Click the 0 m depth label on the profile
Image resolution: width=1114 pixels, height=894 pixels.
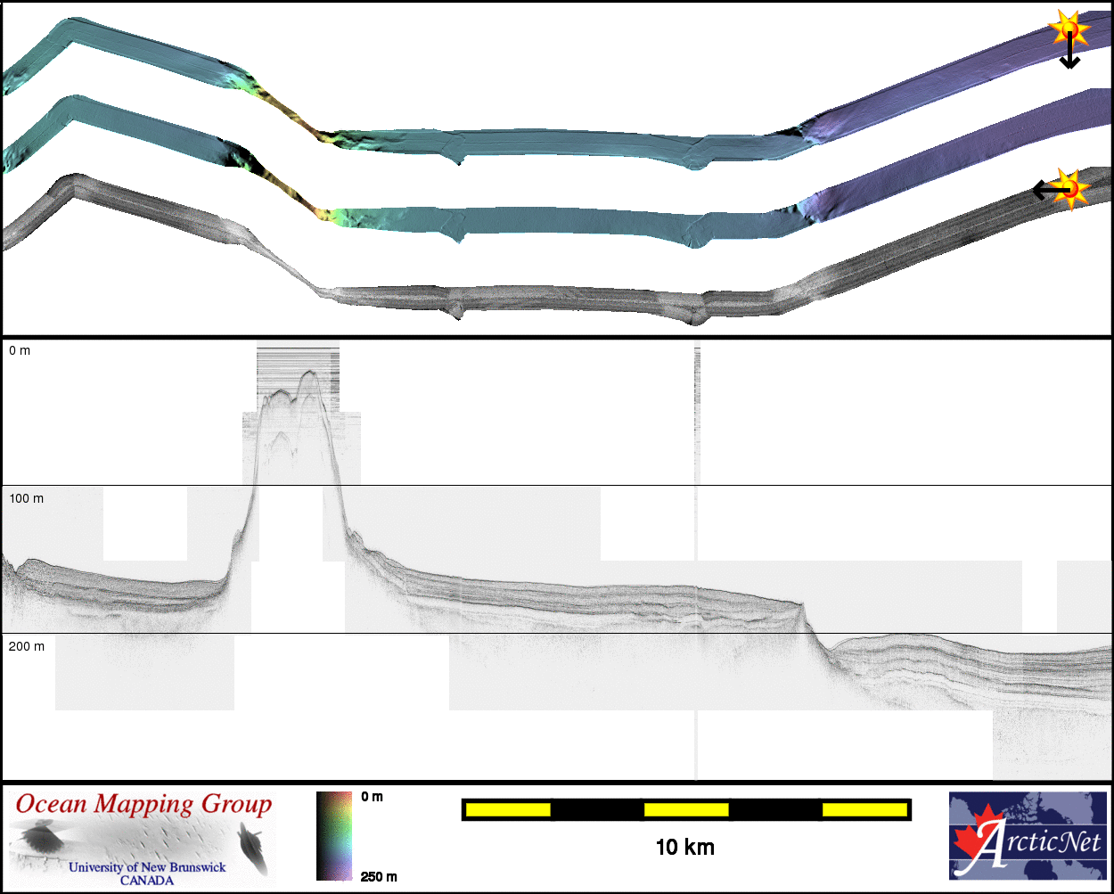[x=20, y=351]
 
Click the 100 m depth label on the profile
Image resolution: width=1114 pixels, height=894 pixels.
[x=27, y=498]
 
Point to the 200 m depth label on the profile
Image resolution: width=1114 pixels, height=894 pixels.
[x=27, y=646]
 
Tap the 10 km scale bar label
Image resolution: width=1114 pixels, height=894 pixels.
[x=684, y=848]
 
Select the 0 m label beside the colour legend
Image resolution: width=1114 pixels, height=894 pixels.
[x=373, y=797]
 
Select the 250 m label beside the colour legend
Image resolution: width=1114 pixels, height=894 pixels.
[x=379, y=877]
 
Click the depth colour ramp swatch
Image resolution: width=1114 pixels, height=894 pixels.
[x=334, y=835]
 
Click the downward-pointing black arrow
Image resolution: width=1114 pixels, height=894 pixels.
[x=1069, y=50]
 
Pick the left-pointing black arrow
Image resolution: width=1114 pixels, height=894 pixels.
[x=1052, y=190]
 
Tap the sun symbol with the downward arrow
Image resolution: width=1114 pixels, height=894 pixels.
[x=1069, y=29]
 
